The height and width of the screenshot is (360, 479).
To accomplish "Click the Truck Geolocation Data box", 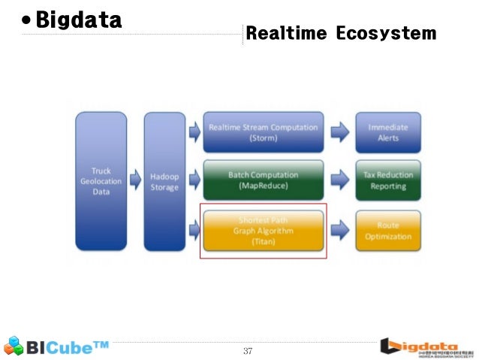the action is click(101, 181).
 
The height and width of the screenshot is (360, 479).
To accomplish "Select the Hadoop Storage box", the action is click(164, 181).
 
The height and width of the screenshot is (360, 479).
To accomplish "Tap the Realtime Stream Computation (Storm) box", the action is click(263, 133).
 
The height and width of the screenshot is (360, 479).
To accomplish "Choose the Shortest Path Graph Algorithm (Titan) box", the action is click(263, 231).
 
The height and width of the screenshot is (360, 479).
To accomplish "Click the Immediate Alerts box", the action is click(388, 133).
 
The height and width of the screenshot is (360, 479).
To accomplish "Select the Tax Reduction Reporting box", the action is click(388, 180).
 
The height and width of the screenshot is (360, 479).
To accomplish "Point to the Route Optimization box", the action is click(388, 231).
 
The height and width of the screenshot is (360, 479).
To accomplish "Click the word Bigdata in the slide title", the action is click(79, 21).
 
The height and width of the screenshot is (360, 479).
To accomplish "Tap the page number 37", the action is click(248, 351).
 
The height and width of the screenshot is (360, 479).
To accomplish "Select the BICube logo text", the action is click(69, 347).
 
